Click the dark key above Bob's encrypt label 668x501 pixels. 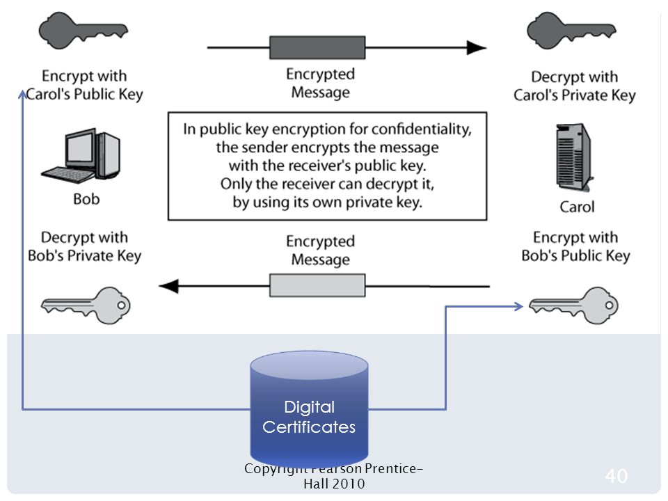pyautogui.click(x=83, y=31)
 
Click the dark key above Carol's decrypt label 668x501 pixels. pyautogui.click(x=571, y=31)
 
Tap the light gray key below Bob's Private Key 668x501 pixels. pyautogui.click(x=86, y=305)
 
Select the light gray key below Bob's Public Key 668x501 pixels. pyautogui.click(x=573, y=305)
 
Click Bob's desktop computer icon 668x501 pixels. pyautogui.click(x=81, y=156)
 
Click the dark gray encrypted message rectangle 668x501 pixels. pyautogui.click(x=317, y=48)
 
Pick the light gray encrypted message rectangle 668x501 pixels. pyautogui.click(x=317, y=285)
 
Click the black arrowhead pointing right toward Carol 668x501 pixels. pyautogui.click(x=477, y=48)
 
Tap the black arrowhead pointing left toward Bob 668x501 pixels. pyautogui.click(x=168, y=286)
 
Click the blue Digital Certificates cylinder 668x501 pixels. pyautogui.click(x=309, y=409)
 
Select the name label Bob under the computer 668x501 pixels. pyautogui.click(x=86, y=199)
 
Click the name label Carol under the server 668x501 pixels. pyautogui.click(x=577, y=207)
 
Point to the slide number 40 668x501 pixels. pyautogui.click(x=616, y=476)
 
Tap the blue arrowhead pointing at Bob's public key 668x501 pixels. pyautogui.click(x=518, y=306)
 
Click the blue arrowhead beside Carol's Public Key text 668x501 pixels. pyautogui.click(x=22, y=94)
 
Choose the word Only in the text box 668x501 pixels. pyautogui.click(x=236, y=184)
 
